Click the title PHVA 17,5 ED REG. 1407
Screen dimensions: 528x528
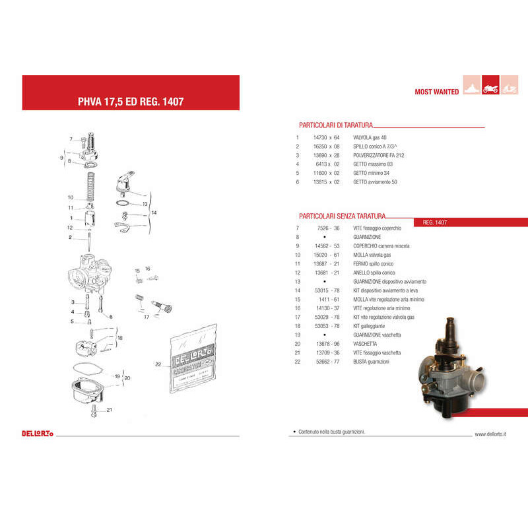click(x=130, y=102)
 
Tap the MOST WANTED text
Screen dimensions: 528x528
click(x=436, y=92)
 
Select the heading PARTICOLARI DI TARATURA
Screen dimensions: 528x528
click(x=336, y=124)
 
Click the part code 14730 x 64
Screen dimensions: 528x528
click(x=326, y=137)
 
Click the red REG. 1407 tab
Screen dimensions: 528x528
click(x=435, y=222)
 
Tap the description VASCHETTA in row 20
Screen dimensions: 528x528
click(x=365, y=344)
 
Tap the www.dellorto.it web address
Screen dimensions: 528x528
click(x=495, y=434)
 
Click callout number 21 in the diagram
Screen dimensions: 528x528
click(x=110, y=410)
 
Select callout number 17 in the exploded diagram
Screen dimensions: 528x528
click(x=146, y=317)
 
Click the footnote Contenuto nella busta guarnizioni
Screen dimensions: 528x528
click(x=330, y=432)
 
